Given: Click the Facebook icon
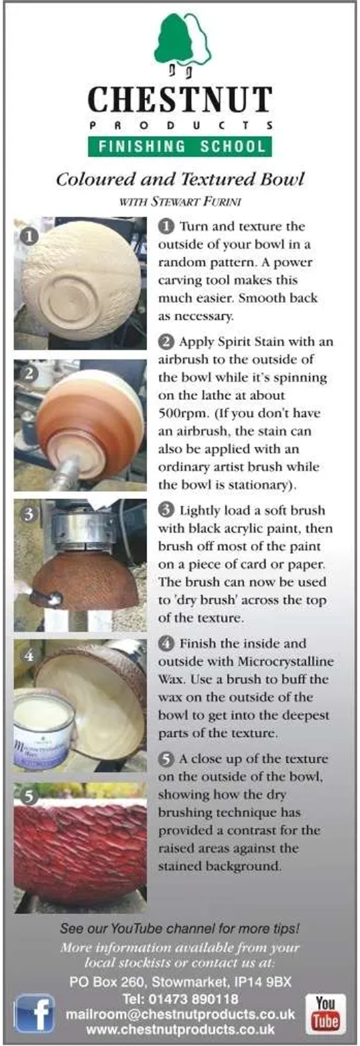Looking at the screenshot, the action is click(x=34, y=1013).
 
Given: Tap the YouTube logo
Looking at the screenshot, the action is click(x=325, y=1013).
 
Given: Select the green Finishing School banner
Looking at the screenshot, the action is click(x=180, y=147).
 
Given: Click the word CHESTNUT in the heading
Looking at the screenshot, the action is click(x=180, y=100).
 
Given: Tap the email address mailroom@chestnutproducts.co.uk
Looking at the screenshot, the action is click(x=180, y=1015).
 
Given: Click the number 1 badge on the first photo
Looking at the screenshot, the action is click(x=29, y=236).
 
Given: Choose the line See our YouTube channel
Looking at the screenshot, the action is click(x=180, y=929).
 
